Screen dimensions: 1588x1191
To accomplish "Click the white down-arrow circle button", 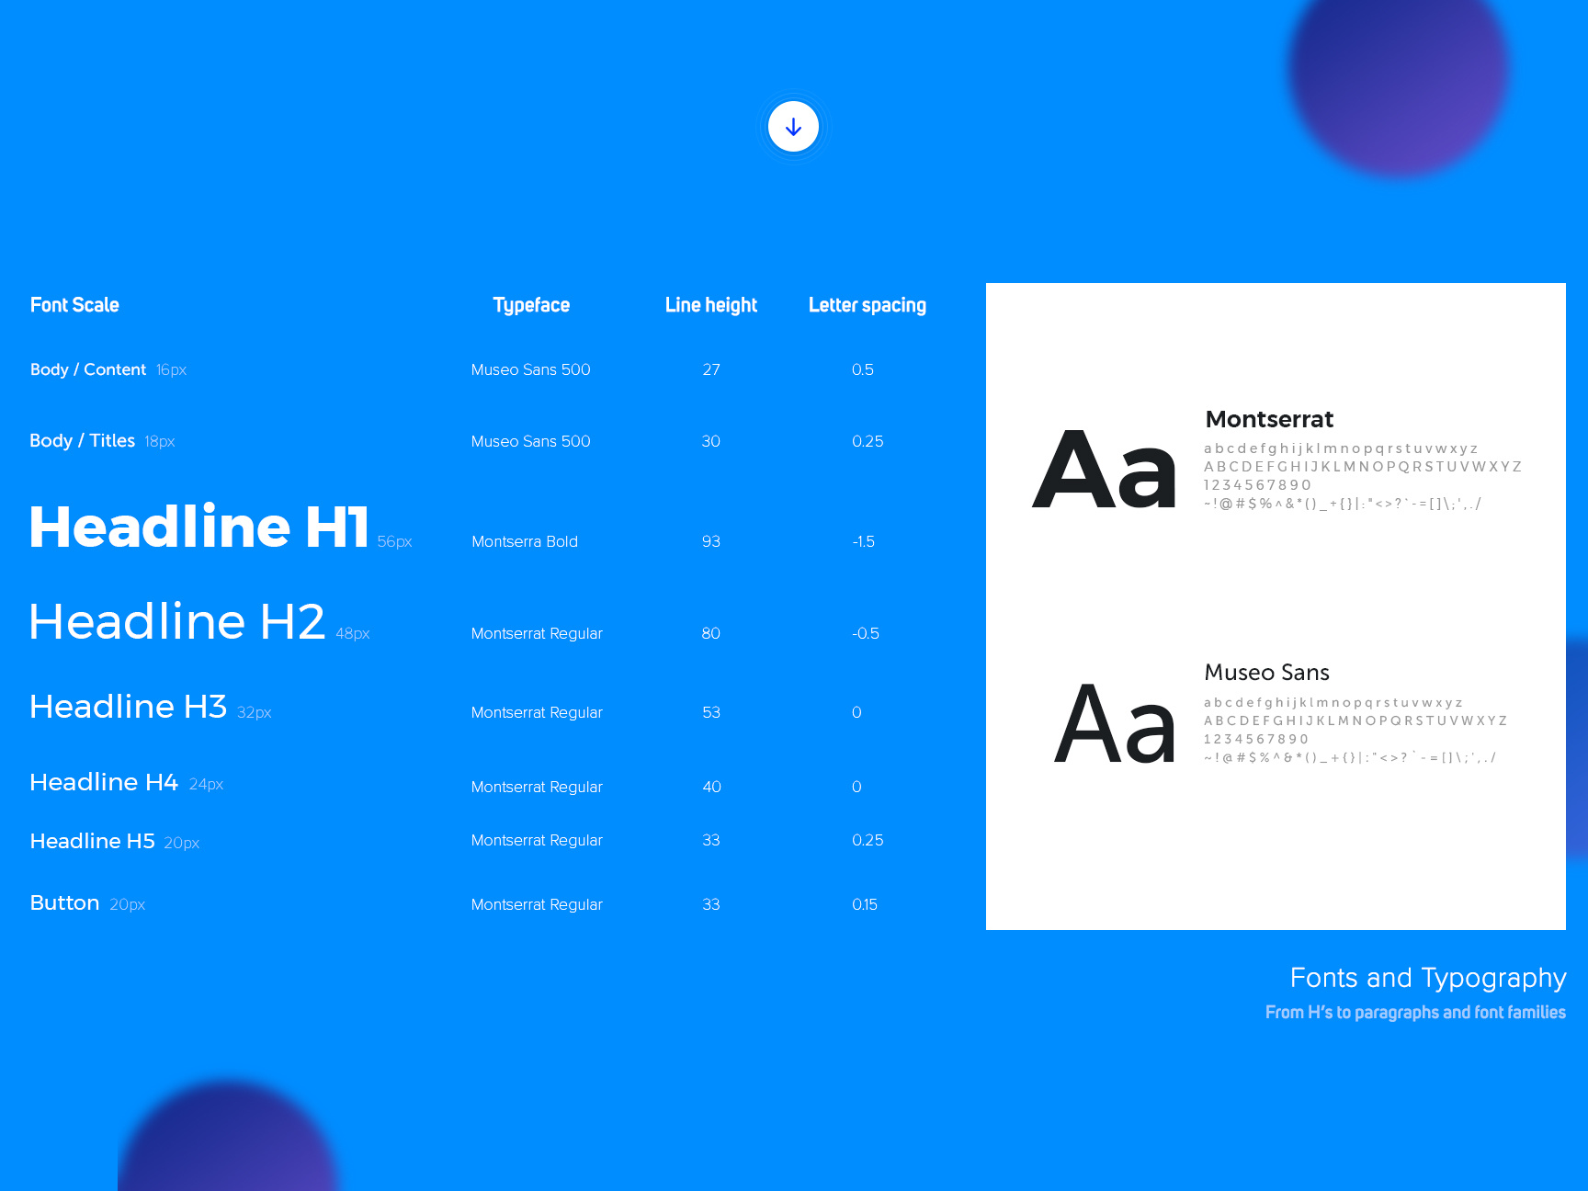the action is coord(793,127).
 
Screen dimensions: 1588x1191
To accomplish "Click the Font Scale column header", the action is coord(74,305).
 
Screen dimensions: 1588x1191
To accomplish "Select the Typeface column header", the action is coord(531,305).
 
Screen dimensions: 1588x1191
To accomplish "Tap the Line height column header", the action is coord(711,305).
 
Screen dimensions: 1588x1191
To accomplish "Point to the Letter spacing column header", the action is coord(868,305).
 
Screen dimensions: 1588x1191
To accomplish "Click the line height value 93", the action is coord(711,541).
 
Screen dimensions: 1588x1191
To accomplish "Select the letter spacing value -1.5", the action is coord(863,541).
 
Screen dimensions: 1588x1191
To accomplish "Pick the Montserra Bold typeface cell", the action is coord(525,541).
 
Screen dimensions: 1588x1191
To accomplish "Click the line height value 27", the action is coord(711,369).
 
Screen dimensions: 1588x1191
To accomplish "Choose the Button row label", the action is coord(64,902).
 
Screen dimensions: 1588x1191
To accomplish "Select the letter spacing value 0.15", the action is coord(865,904).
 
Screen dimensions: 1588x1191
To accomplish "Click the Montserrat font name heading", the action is coord(1269,419).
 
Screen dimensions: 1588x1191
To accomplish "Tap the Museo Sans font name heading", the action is coord(1266,673).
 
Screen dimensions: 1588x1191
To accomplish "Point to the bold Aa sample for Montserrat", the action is coord(1104,470).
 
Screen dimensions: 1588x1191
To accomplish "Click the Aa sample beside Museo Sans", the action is coord(1114,724).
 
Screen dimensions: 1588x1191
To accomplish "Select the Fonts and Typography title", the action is coord(1428,978).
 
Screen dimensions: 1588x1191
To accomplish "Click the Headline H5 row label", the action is coord(92,841).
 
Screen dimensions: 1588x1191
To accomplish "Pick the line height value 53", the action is coord(711,712).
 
